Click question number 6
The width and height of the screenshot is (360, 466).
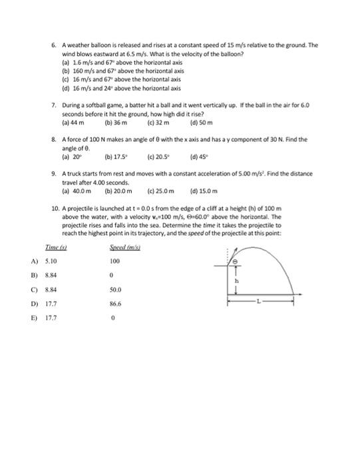55,45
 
